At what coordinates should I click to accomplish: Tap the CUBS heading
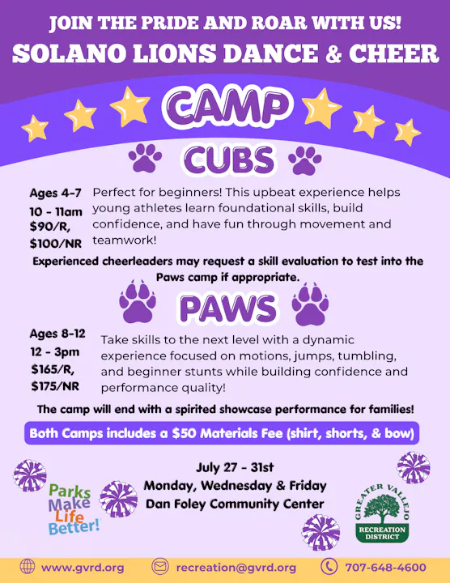[225, 160]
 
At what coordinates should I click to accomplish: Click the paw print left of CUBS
[145, 159]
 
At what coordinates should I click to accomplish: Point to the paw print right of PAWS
[309, 304]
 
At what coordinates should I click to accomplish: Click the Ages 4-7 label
[55, 194]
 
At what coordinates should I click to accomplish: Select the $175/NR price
[55, 385]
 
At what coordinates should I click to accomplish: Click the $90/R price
[49, 226]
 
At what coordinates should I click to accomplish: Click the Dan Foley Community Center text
[235, 504]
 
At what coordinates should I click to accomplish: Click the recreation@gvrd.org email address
[236, 567]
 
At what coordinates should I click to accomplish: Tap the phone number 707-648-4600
[386, 567]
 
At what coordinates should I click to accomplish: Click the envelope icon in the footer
[160, 567]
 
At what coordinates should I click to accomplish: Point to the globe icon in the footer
[28, 567]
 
